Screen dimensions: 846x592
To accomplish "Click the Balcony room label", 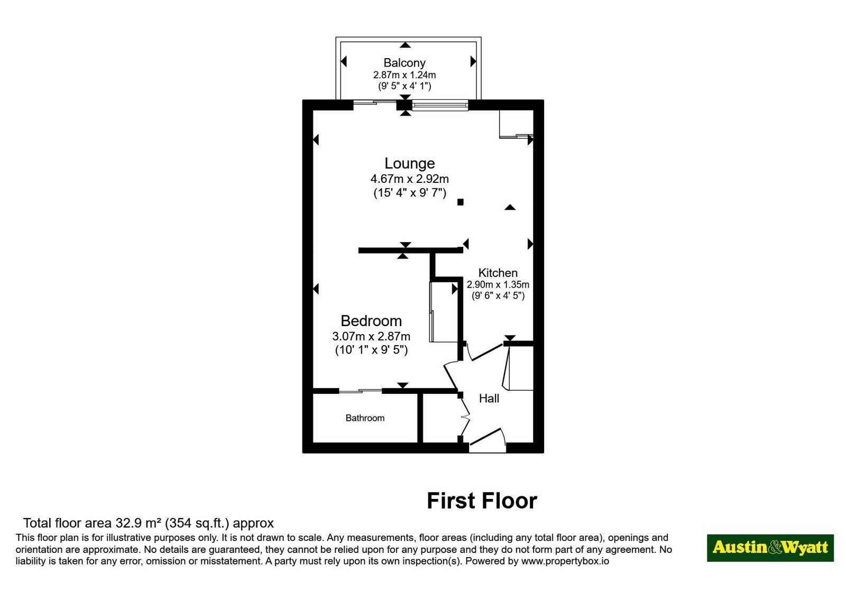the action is [404, 63].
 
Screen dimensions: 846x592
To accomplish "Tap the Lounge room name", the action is [410, 163].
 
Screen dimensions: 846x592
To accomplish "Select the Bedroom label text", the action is [371, 321].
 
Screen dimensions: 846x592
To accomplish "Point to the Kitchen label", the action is [498, 273].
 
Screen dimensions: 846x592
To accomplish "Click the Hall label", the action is [489, 399].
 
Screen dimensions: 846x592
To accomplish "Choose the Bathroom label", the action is [365, 418].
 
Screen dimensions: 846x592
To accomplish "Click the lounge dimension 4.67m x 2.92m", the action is [410, 179].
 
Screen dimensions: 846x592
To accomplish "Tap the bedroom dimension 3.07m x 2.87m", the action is [371, 336].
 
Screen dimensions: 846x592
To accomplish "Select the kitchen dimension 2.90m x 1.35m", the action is [498, 285].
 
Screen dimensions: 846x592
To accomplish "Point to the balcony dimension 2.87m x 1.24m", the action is [404, 75].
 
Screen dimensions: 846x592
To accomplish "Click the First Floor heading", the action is [482, 501].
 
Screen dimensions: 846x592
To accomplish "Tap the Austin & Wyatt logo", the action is [770, 548].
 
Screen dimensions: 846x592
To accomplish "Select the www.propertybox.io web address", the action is [565, 561].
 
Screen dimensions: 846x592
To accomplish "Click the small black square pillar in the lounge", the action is [461, 202].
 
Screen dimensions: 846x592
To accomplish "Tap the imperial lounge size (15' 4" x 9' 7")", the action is [410, 193].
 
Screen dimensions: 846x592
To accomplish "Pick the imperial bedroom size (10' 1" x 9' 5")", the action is [371, 350].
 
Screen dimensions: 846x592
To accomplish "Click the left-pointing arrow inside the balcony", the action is [344, 61].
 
